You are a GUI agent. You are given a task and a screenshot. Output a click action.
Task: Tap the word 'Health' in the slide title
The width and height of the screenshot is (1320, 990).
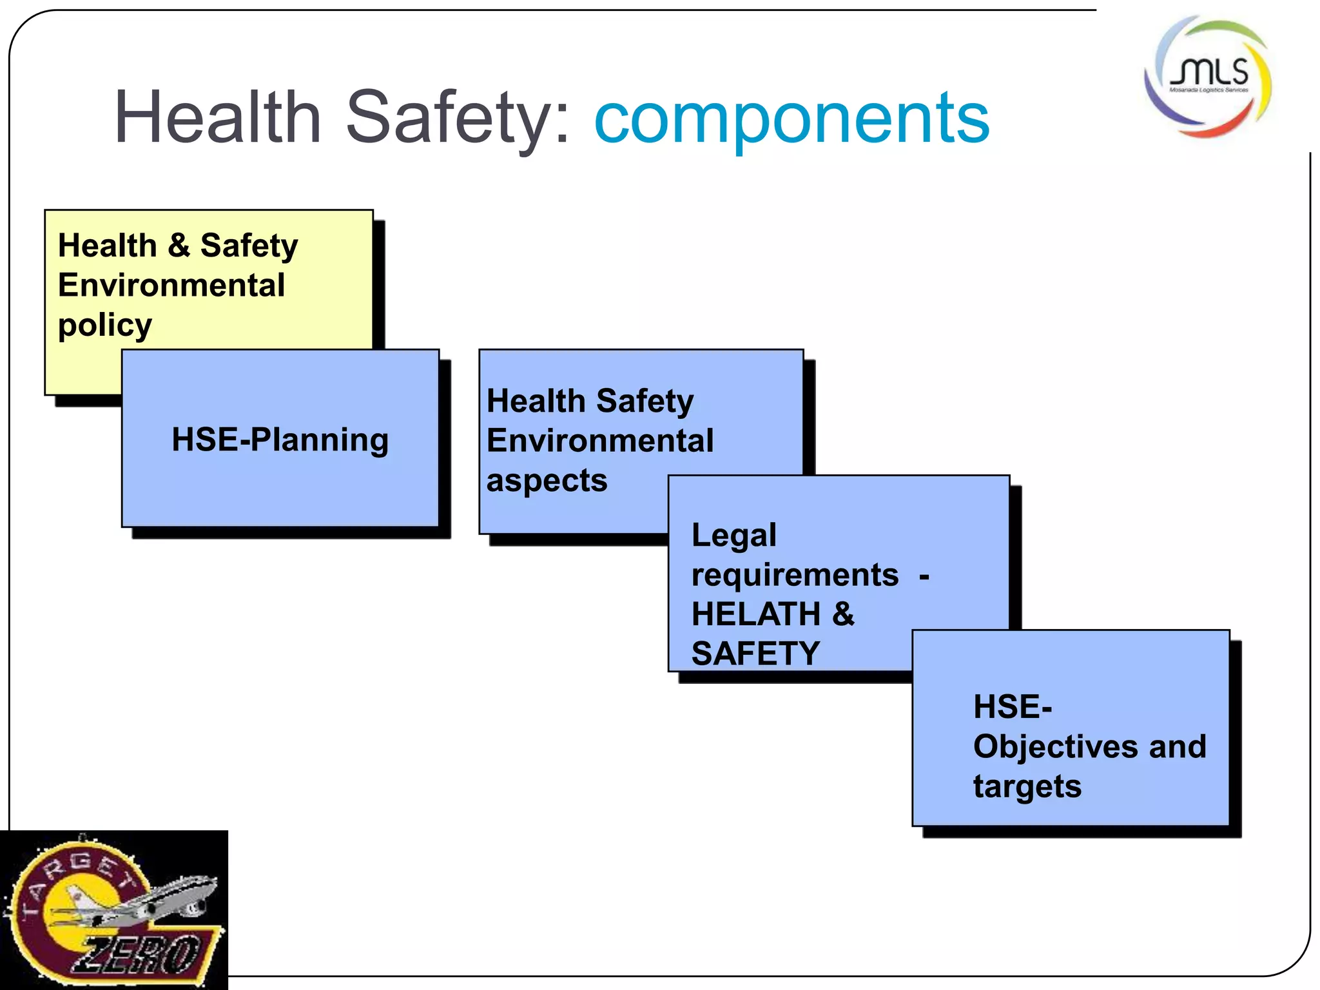coord(218,118)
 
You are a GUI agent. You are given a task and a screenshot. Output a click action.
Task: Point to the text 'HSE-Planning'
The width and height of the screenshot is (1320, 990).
coord(280,440)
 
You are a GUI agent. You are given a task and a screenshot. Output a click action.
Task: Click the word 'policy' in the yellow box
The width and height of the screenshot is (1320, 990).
coord(105,325)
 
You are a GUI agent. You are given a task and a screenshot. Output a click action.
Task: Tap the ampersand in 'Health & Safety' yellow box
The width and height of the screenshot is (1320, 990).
coord(179,246)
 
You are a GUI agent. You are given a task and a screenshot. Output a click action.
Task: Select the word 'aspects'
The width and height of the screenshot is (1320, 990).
coord(547,481)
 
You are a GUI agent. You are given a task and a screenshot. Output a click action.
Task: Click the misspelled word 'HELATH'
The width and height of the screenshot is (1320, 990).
coord(755,614)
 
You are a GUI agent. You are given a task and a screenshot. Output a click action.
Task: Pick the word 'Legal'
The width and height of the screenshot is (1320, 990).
coord(734,536)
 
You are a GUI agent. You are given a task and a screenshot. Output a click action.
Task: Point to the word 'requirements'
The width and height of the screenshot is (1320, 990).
coord(795,575)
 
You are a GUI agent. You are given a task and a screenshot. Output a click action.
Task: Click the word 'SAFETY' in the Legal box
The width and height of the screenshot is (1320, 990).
coord(755,654)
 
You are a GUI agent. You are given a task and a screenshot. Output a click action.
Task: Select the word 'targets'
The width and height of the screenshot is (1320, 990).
coord(1027,787)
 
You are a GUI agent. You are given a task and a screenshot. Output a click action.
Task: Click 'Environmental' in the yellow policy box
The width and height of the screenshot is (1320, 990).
coord(171,286)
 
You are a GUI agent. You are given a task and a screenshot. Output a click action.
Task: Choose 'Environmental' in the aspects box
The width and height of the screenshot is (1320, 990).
coord(600,442)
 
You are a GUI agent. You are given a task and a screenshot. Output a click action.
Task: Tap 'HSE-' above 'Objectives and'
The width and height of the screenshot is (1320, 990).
coord(1013,707)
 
